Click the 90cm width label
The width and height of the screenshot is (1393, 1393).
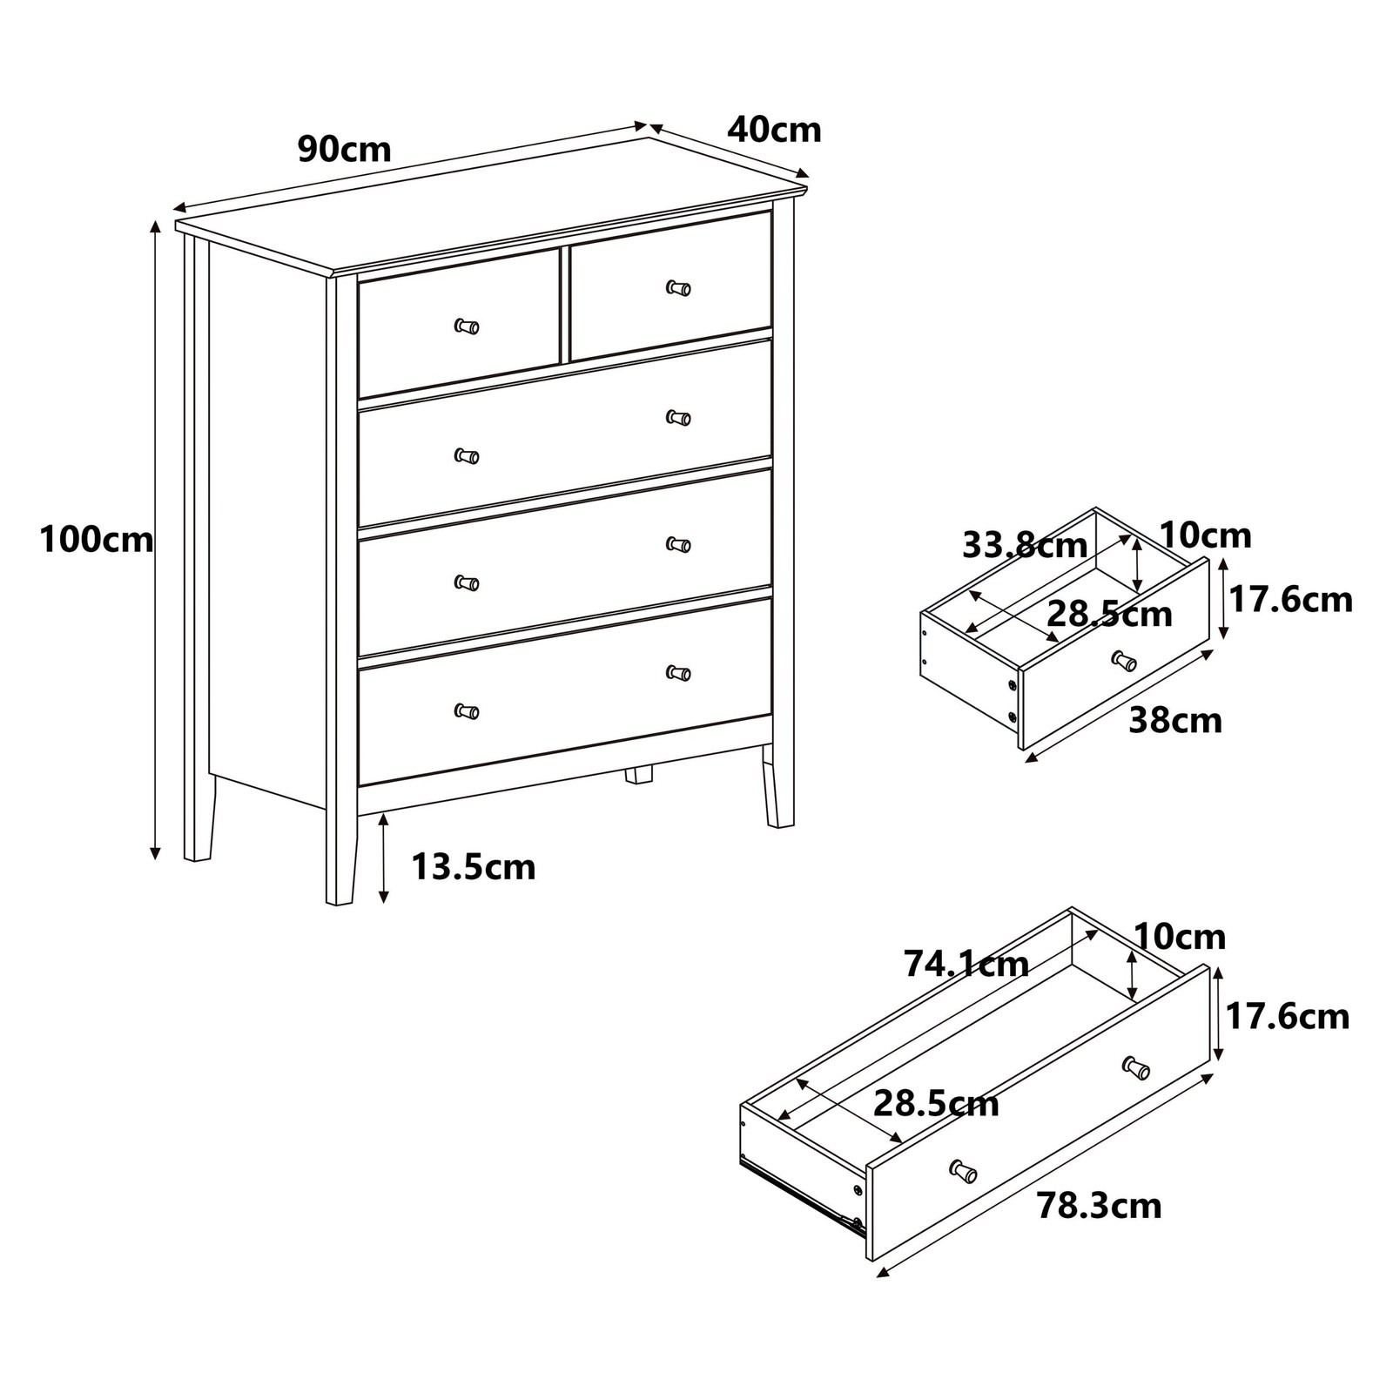(x=345, y=150)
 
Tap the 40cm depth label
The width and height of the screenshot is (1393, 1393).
(x=774, y=130)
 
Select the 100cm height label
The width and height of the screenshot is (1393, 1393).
(x=97, y=541)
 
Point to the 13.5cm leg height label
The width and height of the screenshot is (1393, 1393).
(x=474, y=867)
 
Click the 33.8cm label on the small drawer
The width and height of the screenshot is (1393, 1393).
(x=1025, y=546)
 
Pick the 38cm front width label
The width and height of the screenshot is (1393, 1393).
(x=1175, y=721)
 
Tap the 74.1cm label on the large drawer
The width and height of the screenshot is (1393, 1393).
(x=966, y=964)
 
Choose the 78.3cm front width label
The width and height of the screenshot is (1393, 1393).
(x=1099, y=1206)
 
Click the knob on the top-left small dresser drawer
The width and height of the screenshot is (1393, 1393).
(x=467, y=326)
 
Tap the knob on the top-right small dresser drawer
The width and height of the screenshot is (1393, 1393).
(x=678, y=287)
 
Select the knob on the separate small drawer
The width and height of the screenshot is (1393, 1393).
(x=1124, y=661)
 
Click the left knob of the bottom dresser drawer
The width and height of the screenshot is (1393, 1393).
(x=467, y=711)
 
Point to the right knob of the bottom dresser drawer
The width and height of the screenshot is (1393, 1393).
(x=678, y=673)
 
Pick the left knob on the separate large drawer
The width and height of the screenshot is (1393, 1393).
(x=963, y=1171)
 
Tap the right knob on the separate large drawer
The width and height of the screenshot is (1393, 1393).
(x=1136, y=1067)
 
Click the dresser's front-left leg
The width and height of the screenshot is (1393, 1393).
(x=340, y=858)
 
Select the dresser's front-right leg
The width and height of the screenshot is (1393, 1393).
(x=777, y=784)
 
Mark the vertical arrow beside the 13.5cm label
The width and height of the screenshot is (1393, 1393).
(x=384, y=858)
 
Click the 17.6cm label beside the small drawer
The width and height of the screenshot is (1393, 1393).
(x=1290, y=600)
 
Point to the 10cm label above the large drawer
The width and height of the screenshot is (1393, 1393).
(x=1180, y=937)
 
